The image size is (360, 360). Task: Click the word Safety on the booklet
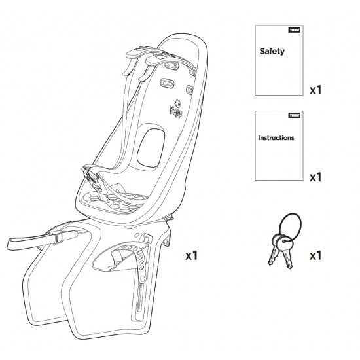point(272,51)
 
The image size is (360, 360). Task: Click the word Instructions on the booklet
point(276,137)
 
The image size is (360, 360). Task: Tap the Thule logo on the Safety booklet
point(295,30)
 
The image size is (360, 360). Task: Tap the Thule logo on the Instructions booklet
point(295,115)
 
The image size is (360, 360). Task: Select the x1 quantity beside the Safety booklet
point(315,90)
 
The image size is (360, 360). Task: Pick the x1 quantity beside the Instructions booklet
point(315,177)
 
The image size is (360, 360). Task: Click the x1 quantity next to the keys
point(315,255)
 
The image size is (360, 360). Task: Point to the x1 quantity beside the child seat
point(191,255)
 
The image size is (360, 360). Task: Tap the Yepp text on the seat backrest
point(176,112)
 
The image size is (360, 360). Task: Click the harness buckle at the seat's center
point(92,175)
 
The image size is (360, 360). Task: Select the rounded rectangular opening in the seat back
point(151,148)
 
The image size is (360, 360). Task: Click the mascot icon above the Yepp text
point(177,103)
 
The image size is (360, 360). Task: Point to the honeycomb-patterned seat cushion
point(115,202)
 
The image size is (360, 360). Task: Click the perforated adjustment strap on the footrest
point(141,264)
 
